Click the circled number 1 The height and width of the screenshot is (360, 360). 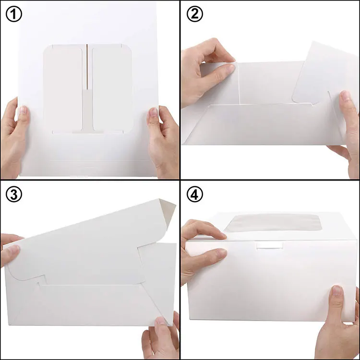[x=14, y=14]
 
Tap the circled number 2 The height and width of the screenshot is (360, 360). [x=194, y=14]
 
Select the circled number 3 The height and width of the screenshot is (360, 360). [x=14, y=194]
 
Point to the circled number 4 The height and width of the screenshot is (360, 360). [x=194, y=194]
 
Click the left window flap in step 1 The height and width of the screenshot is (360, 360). [x=64, y=86]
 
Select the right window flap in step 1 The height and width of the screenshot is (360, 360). [x=111, y=86]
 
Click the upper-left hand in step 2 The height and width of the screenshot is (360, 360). [x=204, y=72]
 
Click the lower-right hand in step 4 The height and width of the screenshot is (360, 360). [x=341, y=322]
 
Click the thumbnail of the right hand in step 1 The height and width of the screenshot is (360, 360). [x=154, y=113]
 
